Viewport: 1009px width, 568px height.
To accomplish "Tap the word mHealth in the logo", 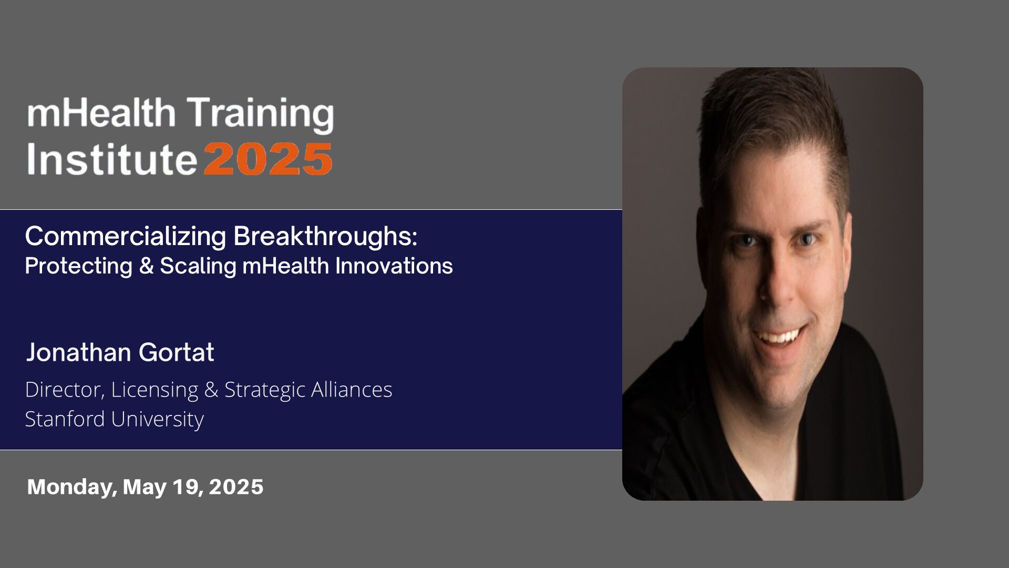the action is coord(101,113).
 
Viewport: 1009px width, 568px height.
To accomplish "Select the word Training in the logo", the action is coord(261,115).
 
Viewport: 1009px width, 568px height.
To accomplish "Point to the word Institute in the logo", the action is coord(111,159).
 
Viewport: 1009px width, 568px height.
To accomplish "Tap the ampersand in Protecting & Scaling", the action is coord(146,266).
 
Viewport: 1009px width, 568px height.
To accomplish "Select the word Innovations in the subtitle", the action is coord(394,266).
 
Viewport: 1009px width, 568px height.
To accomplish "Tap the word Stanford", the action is coord(65,419).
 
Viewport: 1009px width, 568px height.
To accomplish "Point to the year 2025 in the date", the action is coord(236,487).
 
